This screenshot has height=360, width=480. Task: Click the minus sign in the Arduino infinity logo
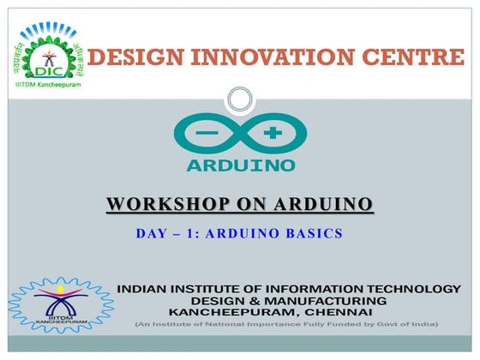coord(207,134)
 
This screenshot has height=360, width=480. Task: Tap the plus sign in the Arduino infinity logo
coord(273,134)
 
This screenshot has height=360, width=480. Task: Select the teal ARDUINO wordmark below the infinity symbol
coord(240,164)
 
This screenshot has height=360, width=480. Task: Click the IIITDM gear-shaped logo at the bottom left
coord(60,305)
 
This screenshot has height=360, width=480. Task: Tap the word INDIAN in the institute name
coord(142,290)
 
